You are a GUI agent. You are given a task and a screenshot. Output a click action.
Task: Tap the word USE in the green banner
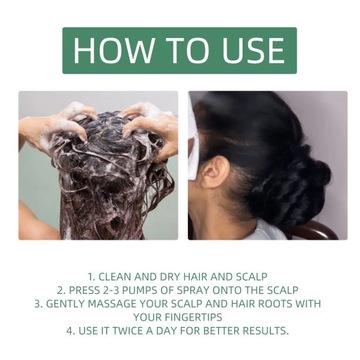pos(243,50)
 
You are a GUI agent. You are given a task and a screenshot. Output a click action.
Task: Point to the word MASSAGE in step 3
pos(115,303)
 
